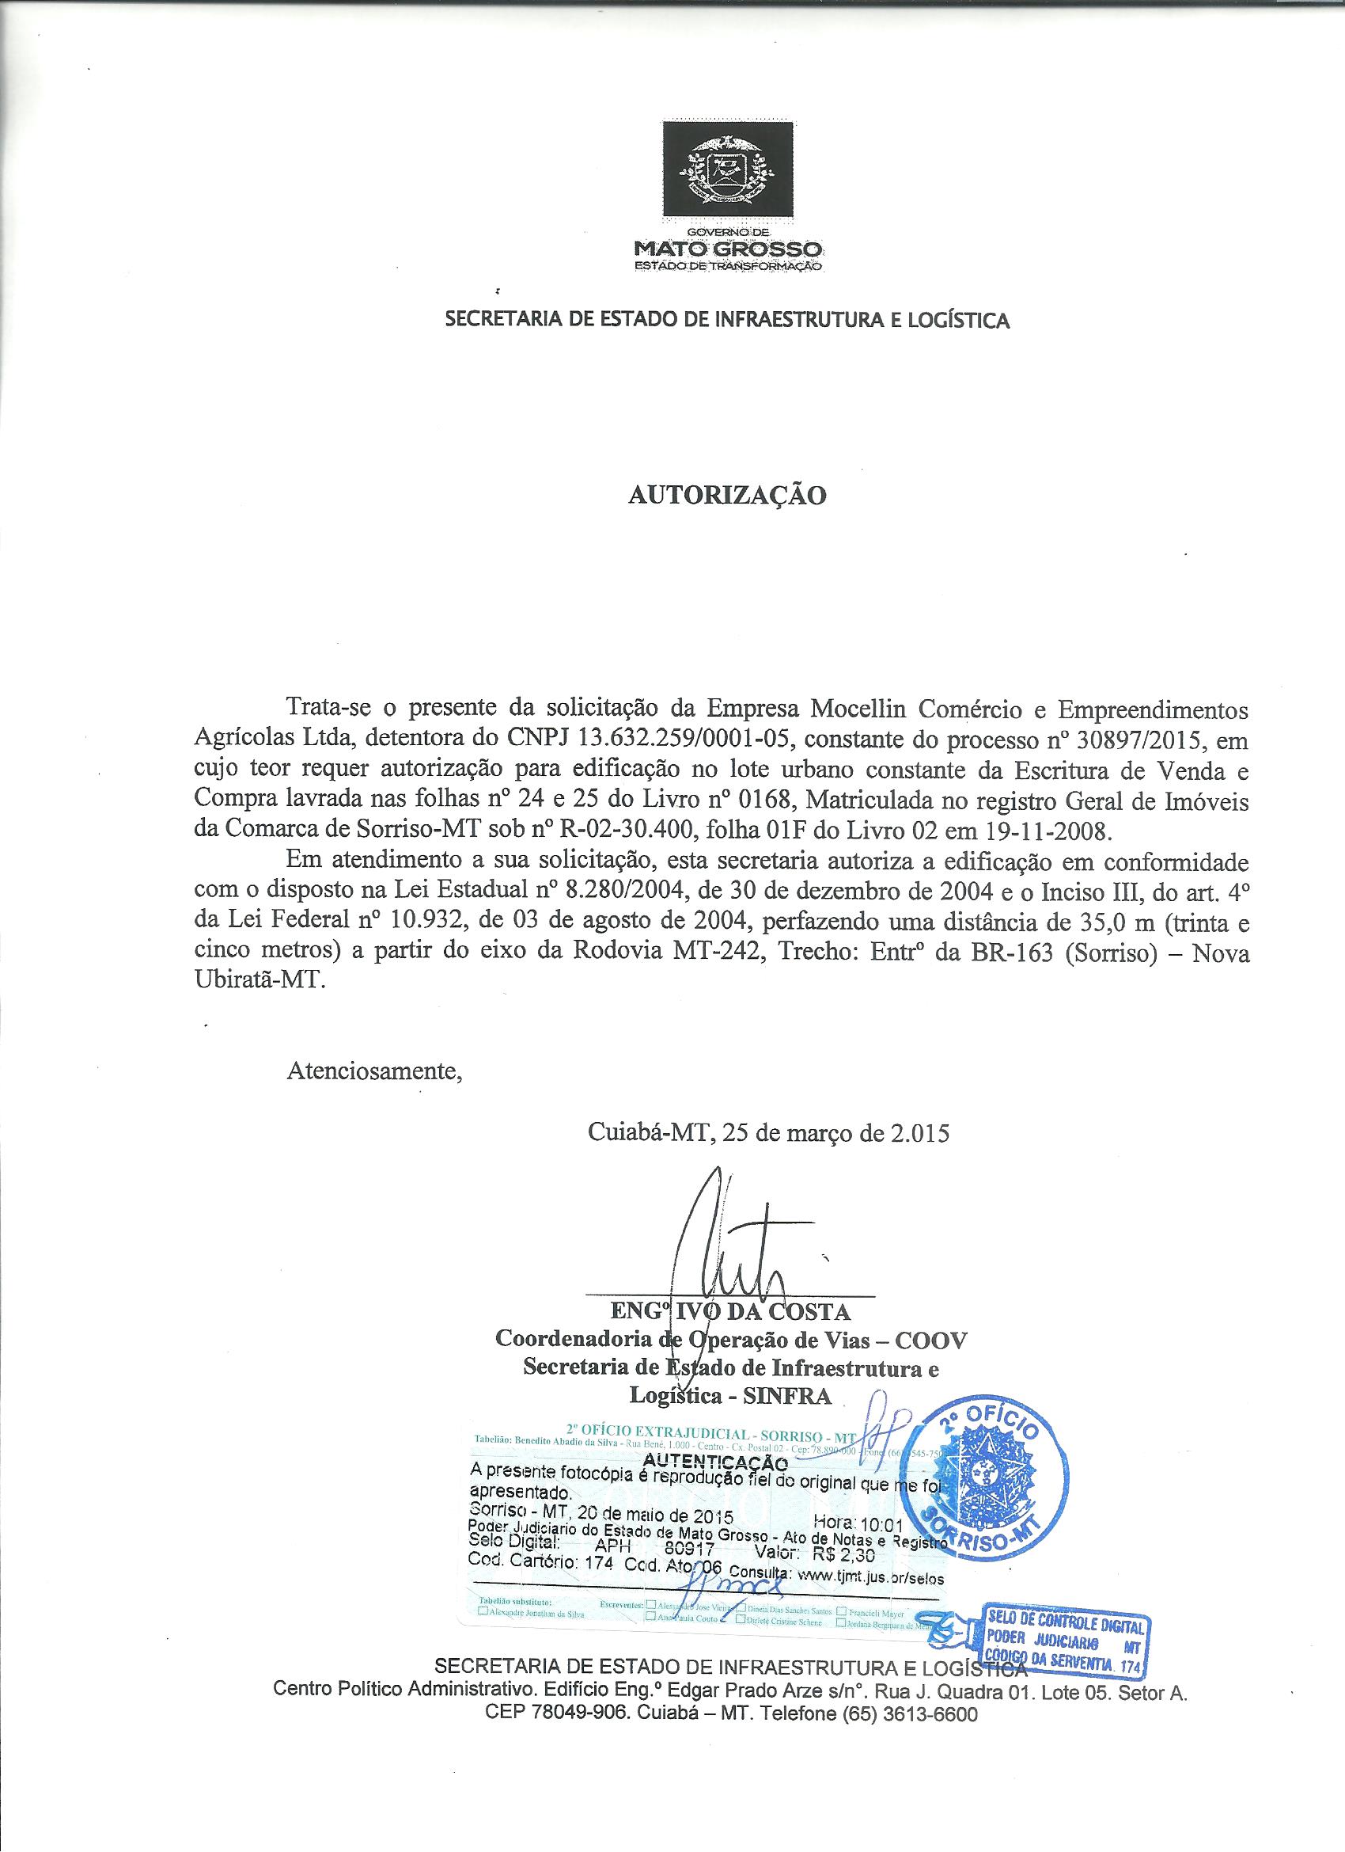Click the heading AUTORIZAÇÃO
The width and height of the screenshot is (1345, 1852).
click(726, 495)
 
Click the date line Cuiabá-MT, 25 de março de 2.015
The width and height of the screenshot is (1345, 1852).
click(768, 1133)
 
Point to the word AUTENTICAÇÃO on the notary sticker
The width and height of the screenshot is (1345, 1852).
click(715, 1461)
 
